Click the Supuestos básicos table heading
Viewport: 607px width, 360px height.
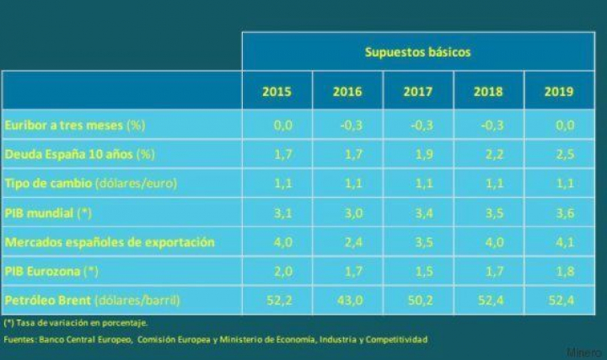click(x=417, y=52)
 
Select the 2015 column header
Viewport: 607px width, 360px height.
click(x=277, y=91)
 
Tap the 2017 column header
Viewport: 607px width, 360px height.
click(x=418, y=91)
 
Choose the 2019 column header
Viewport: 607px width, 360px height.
click(x=558, y=91)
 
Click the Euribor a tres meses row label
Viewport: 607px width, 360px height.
click(x=75, y=126)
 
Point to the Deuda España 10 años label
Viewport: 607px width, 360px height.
click(x=80, y=155)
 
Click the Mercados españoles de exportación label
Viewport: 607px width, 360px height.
click(x=110, y=242)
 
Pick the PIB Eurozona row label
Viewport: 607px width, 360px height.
click(x=62, y=271)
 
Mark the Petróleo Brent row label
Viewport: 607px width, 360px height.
click(x=93, y=300)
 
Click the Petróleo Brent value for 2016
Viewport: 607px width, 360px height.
click(x=347, y=300)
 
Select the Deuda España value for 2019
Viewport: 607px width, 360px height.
click(x=558, y=155)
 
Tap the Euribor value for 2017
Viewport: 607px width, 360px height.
click(x=418, y=126)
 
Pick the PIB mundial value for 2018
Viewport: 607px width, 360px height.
click(x=488, y=212)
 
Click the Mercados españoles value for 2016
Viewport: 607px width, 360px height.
click(x=347, y=242)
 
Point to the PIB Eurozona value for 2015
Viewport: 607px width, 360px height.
click(x=277, y=271)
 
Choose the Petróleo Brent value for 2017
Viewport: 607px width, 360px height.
click(x=418, y=300)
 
